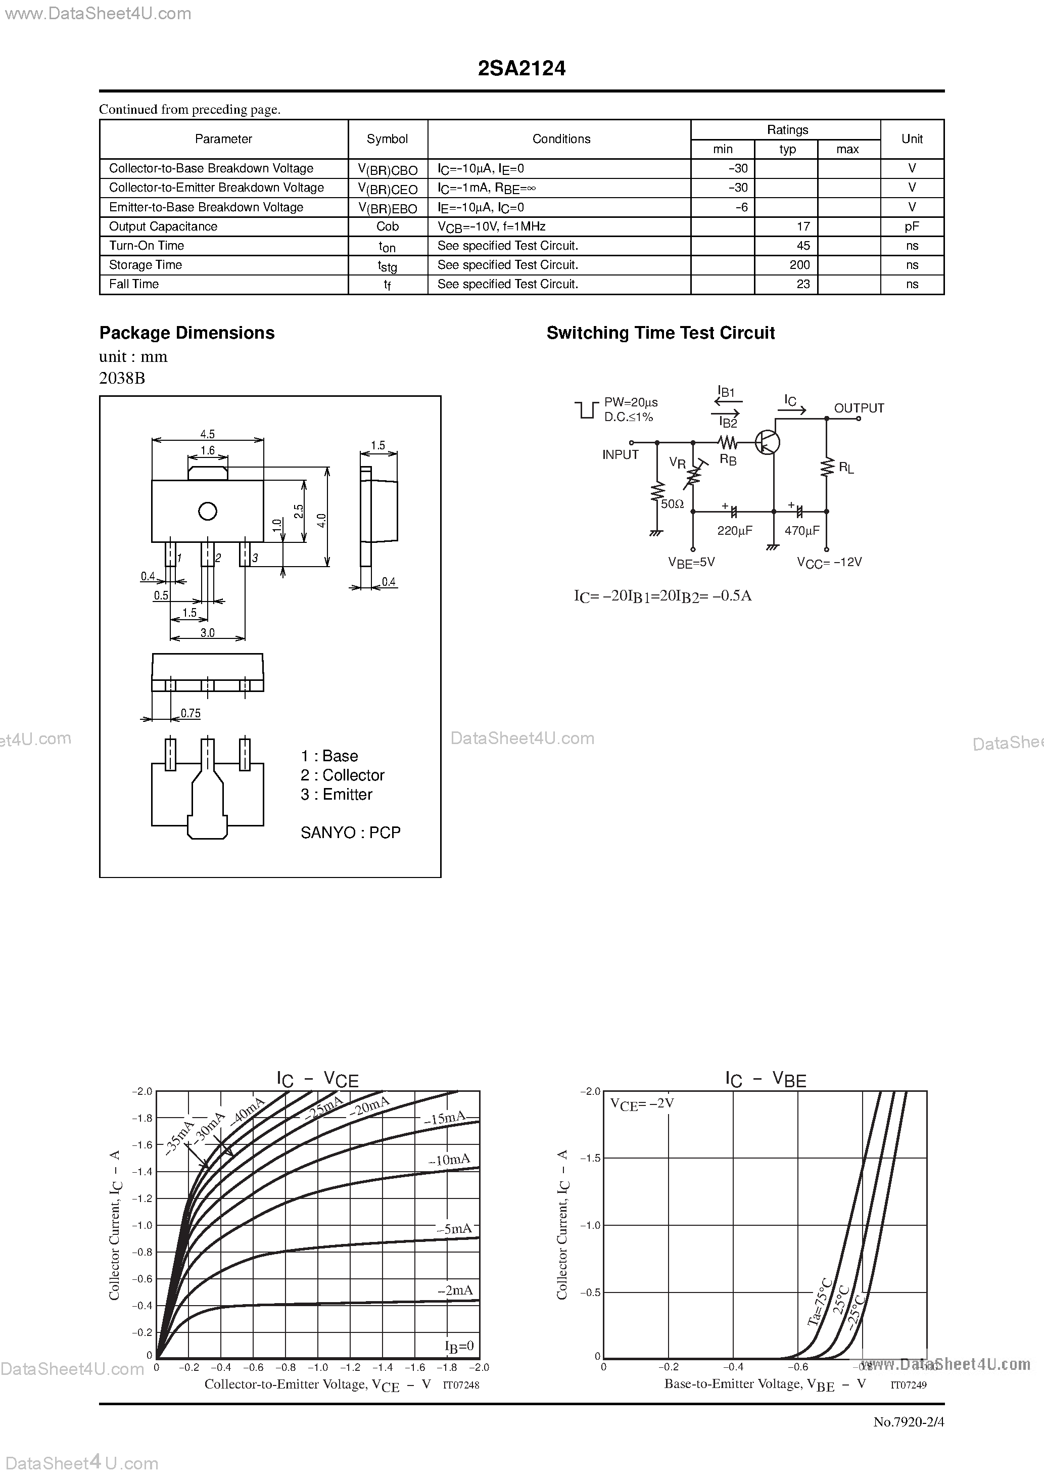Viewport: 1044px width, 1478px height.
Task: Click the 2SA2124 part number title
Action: pyautogui.click(x=521, y=69)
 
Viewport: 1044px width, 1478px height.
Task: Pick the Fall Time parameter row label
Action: pyautogui.click(x=134, y=285)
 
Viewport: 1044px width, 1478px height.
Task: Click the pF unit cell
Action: pyautogui.click(x=912, y=226)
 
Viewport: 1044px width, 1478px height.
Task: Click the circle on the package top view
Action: pyautogui.click(x=207, y=511)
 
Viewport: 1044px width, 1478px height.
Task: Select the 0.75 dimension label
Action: pyautogui.click(x=191, y=713)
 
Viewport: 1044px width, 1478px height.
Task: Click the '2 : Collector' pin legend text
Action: pyautogui.click(x=343, y=775)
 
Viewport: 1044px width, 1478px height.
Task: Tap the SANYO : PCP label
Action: pyautogui.click(x=350, y=833)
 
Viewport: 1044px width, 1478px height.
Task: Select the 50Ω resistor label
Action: pyautogui.click(x=672, y=504)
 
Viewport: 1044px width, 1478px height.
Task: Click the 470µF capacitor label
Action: pyautogui.click(x=802, y=530)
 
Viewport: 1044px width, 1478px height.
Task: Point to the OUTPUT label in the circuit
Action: pyautogui.click(x=859, y=408)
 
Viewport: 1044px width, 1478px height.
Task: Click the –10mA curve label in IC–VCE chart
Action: pyautogui.click(x=449, y=1160)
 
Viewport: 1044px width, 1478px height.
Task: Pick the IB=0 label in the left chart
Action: pyautogui.click(x=459, y=1346)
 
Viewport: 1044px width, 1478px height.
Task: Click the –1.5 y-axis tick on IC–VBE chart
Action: pyautogui.click(x=590, y=1158)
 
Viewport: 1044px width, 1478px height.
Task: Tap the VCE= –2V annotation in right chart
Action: pyautogui.click(x=642, y=1104)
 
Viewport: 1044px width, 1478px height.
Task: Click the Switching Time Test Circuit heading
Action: pyautogui.click(x=660, y=333)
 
